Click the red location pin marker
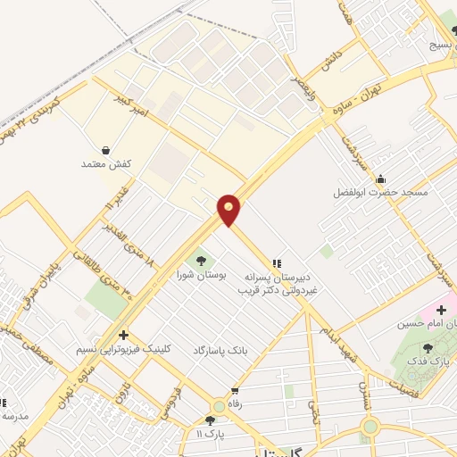pyautogui.click(x=229, y=210)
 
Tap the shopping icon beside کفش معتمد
pyautogui.click(x=107, y=150)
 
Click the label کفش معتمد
pyautogui.click(x=107, y=165)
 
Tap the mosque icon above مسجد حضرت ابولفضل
pyautogui.click(x=382, y=178)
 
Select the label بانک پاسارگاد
pyautogui.click(x=219, y=351)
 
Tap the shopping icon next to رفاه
pyautogui.click(x=235, y=391)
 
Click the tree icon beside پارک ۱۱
pyautogui.click(x=210, y=420)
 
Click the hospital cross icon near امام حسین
pyautogui.click(x=441, y=310)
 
